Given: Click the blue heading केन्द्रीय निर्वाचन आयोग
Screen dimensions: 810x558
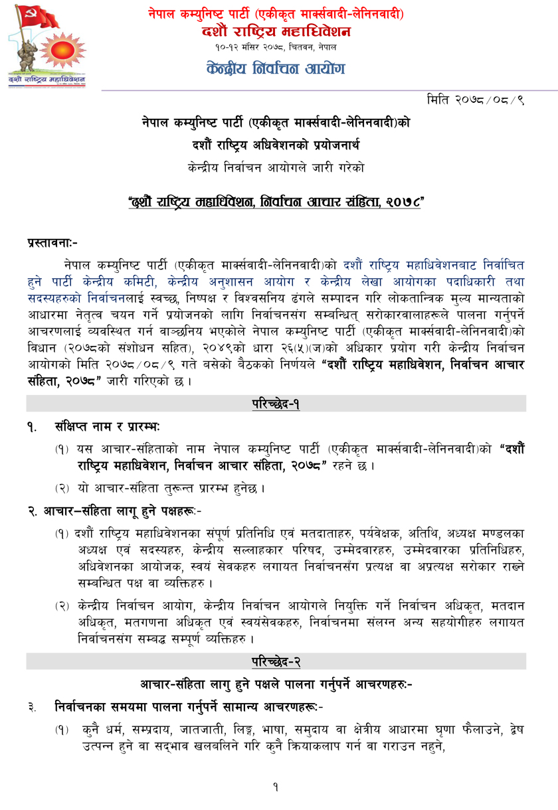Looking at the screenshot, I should pyautogui.click(x=276, y=68).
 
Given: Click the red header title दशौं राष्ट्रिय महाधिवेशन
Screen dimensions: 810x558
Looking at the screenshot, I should pyautogui.click(x=276, y=31).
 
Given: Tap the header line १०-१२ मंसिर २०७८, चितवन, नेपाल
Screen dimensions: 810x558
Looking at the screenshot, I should pyautogui.click(x=276, y=47).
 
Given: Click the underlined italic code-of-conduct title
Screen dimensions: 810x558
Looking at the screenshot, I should pyautogui.click(x=276, y=202).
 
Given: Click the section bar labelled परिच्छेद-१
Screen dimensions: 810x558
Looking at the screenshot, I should pyautogui.click(x=276, y=403).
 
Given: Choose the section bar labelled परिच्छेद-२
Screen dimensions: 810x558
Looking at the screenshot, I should pyautogui.click(x=276, y=661).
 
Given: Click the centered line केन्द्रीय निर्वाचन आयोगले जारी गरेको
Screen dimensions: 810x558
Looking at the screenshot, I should pyautogui.click(x=276, y=167).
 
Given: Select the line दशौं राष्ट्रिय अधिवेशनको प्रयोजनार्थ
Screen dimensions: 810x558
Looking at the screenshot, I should pyautogui.click(x=276, y=145).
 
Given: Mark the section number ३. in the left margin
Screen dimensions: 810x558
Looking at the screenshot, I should pyautogui.click(x=32, y=707).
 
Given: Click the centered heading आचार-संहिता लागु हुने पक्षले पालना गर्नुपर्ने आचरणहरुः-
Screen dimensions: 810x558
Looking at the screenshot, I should pyautogui.click(x=276, y=684).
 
